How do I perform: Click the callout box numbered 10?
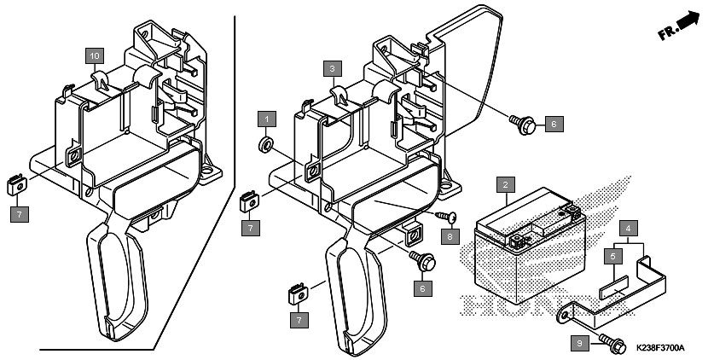tap(95, 56)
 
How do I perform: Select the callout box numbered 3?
tap(333, 69)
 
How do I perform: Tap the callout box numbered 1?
tap(267, 119)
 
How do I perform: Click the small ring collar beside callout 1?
tap(265, 145)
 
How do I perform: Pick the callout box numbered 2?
tap(505, 185)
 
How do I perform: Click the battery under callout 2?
tap(530, 247)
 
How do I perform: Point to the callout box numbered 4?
tap(628, 229)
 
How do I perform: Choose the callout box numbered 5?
tap(612, 257)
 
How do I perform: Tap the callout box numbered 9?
tap(580, 344)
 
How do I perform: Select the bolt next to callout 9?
tap(612, 345)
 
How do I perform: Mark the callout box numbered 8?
tap(450, 235)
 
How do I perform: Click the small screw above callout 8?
tap(446, 218)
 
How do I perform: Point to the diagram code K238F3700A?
tap(659, 348)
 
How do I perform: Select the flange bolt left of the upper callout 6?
tap(523, 124)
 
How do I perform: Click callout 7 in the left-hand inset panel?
tap(20, 214)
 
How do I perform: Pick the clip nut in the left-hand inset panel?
tap(17, 185)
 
